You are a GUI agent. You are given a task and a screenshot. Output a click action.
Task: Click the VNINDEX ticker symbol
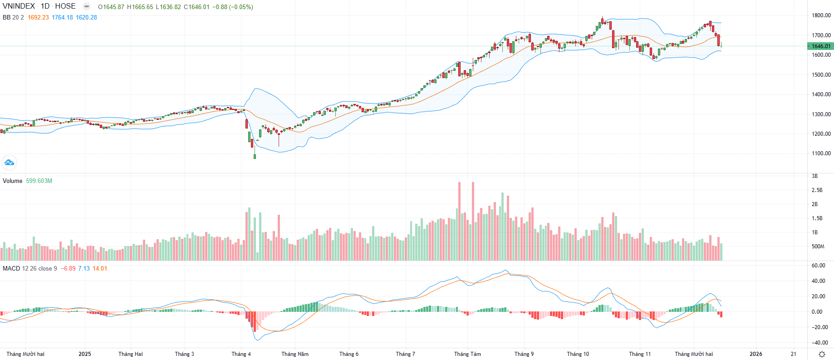pyautogui.click(x=19, y=6)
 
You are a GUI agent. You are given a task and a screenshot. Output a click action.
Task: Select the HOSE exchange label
pyautogui.click(x=65, y=6)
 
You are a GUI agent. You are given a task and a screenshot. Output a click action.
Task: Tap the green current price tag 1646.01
pyautogui.click(x=821, y=46)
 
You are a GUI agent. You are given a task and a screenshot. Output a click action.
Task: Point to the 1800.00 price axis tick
pyautogui.click(x=821, y=15)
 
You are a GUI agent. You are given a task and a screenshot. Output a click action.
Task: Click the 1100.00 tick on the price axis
pyautogui.click(x=821, y=153)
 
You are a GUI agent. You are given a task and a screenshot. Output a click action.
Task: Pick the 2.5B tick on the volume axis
pyautogui.click(x=817, y=190)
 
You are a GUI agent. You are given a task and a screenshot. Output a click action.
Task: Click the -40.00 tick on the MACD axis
pyautogui.click(x=819, y=343)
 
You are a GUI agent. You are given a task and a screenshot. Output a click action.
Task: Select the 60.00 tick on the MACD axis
pyautogui.click(x=819, y=266)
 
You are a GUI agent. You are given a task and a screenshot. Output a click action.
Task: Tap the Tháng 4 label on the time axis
pyautogui.click(x=241, y=354)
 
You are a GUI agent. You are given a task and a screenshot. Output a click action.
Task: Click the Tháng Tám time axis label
pyautogui.click(x=467, y=354)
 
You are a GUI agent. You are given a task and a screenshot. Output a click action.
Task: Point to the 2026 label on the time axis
pyautogui.click(x=756, y=354)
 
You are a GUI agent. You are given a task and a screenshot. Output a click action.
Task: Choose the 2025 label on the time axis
pyautogui.click(x=85, y=354)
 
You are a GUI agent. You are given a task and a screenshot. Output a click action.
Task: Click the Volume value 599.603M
pyautogui.click(x=39, y=181)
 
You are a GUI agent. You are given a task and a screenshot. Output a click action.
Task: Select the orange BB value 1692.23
pyautogui.click(x=38, y=17)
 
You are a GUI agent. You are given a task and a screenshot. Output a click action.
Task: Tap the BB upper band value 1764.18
pyautogui.click(x=62, y=17)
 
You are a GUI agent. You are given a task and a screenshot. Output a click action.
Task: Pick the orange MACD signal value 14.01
pyautogui.click(x=100, y=268)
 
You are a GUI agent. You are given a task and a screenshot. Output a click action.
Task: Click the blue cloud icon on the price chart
pyautogui.click(x=9, y=162)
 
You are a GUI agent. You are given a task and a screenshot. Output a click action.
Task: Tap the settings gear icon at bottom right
pyautogui.click(x=822, y=354)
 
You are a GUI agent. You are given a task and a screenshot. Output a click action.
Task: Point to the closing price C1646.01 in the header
pyautogui.click(x=196, y=7)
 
